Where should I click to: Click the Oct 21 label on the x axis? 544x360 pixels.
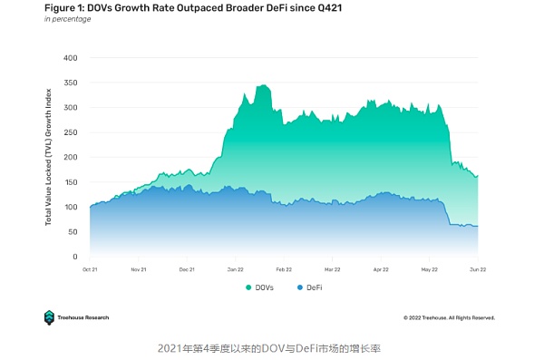[91, 269]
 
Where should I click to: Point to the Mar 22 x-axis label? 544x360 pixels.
[332, 269]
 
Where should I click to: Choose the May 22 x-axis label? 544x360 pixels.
[429, 269]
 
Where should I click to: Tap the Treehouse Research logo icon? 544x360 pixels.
[50, 317]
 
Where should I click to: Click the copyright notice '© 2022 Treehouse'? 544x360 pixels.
[449, 317]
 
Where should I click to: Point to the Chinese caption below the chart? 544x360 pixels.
[272, 347]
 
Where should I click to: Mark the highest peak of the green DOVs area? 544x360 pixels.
[264, 85]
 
